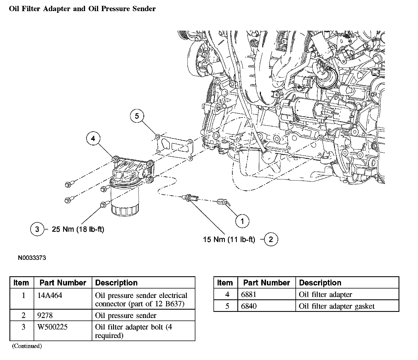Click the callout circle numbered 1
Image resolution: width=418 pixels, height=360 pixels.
click(242, 221)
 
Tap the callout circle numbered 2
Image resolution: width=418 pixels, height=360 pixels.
click(271, 239)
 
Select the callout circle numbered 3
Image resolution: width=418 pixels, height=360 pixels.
click(37, 229)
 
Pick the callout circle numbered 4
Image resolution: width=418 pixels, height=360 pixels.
click(93, 139)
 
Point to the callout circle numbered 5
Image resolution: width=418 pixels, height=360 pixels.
click(137, 116)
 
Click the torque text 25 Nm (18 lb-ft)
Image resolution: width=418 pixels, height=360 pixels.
click(78, 229)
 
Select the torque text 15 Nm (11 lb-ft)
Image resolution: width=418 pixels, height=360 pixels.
click(229, 239)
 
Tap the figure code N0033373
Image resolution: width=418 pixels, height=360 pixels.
click(32, 258)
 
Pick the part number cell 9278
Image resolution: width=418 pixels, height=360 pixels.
click(45, 315)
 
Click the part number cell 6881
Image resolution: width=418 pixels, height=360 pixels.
click(248, 294)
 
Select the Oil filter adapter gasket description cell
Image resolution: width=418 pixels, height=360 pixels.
click(337, 306)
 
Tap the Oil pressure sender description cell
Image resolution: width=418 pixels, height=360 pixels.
click(126, 315)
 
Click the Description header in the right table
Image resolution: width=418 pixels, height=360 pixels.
click(320, 283)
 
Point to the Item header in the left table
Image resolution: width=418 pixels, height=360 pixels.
click(21, 283)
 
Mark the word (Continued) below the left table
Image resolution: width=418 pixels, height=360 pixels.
click(27, 346)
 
